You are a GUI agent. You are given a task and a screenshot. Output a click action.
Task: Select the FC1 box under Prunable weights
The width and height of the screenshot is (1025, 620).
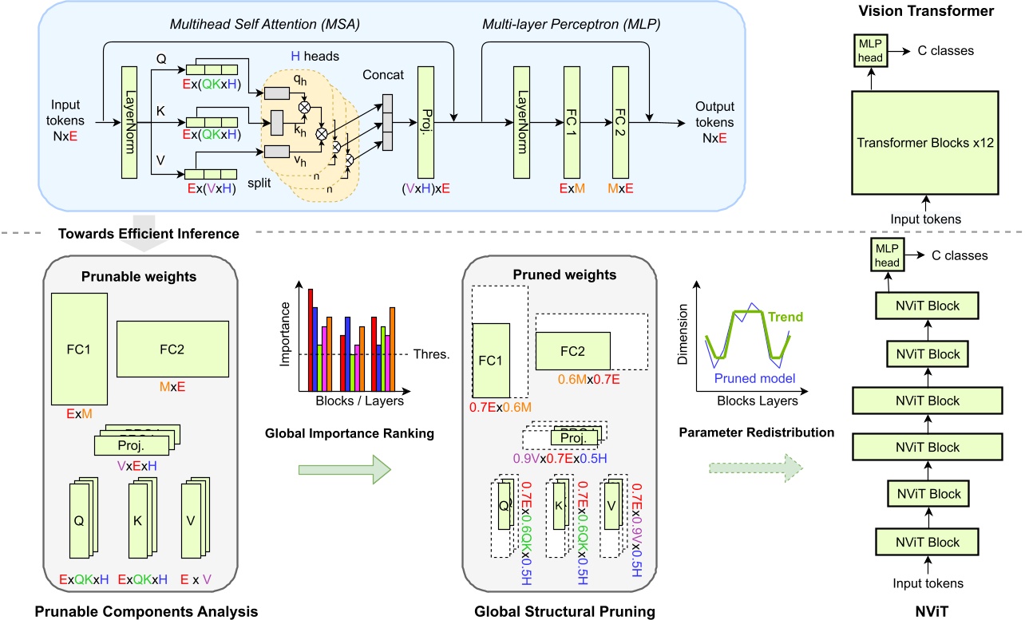78,349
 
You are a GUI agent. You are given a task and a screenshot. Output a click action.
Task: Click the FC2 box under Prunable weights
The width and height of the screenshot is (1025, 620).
172,348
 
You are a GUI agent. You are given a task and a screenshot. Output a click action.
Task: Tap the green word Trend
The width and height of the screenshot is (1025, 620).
786,318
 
